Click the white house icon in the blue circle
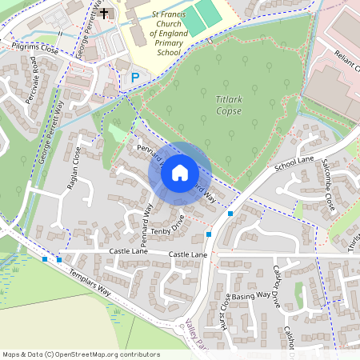point(180,172)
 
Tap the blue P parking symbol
point(135,77)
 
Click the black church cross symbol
point(104,14)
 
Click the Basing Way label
point(250,296)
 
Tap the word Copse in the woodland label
point(228,111)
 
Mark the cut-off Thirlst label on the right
point(353,240)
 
